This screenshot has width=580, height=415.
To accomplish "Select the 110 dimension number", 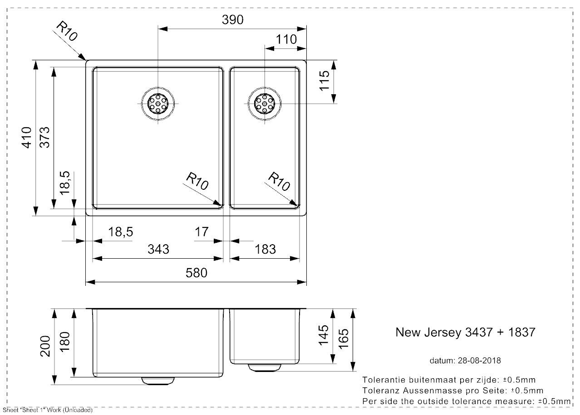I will point(286,39).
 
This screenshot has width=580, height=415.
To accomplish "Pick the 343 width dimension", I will point(158,249).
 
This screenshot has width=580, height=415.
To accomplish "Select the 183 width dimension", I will point(265,249).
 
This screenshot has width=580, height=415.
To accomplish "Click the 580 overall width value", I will point(196,273).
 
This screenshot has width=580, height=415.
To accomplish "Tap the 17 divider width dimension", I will point(202,232).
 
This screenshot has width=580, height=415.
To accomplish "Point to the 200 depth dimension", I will point(45,346).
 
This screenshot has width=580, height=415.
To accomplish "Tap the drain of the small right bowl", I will point(264,104).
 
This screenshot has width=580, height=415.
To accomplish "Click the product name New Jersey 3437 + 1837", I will point(465,332).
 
